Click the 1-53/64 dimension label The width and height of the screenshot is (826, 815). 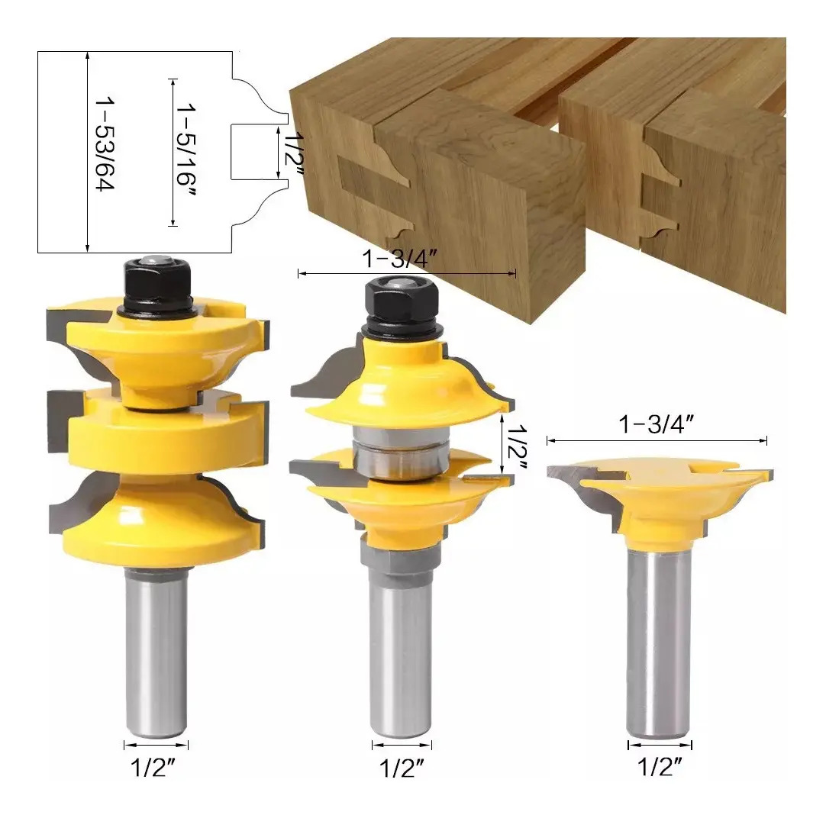pos(105,143)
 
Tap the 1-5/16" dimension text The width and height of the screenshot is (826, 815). pos(186,150)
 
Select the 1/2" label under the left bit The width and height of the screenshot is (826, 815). pos(152,768)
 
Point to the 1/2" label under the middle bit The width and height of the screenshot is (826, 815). pos(402,768)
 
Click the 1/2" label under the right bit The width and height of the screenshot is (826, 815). pos(660,767)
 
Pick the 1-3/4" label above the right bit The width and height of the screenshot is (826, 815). pos(657,424)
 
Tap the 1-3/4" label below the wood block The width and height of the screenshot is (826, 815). pos(400,259)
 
